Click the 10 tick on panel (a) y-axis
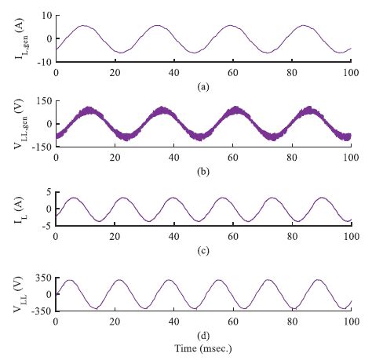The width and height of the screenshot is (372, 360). click(x=46, y=16)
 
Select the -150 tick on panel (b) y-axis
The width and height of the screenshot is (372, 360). click(x=40, y=146)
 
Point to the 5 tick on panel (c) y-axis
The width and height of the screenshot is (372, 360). click(x=48, y=191)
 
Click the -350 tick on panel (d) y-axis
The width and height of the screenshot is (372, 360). click(x=40, y=311)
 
